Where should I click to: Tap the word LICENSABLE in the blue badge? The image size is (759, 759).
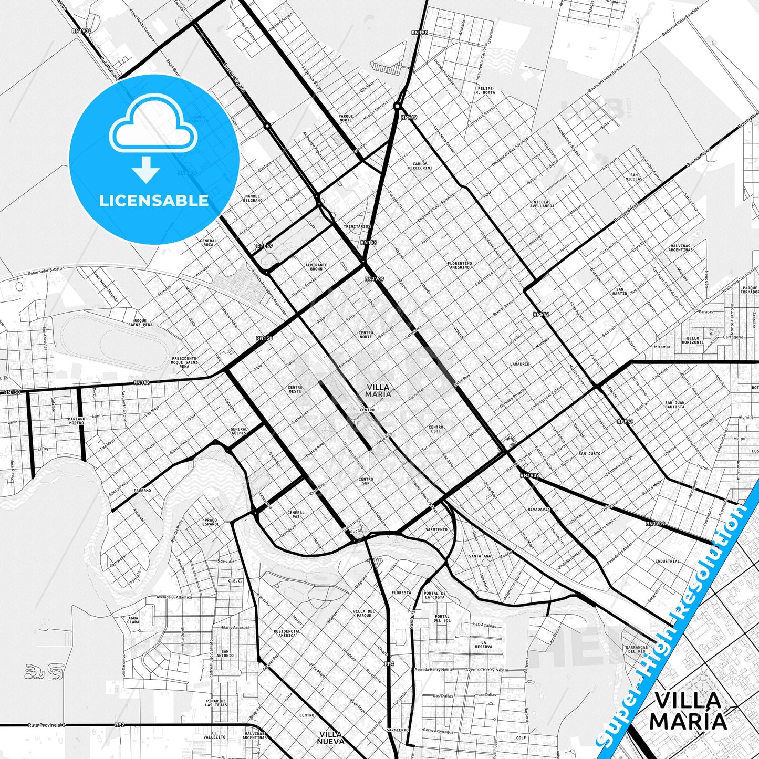(x=154, y=201)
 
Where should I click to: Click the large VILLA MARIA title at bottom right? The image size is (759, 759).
(x=688, y=710)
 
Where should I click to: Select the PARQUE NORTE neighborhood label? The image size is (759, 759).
(x=346, y=118)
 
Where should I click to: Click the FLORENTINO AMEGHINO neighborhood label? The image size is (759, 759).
(x=460, y=265)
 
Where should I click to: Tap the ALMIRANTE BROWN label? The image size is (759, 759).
(x=316, y=267)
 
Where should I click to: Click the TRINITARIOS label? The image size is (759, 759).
(x=357, y=227)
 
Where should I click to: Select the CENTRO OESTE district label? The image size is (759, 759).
(x=295, y=389)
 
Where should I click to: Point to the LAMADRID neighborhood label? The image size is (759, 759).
(x=519, y=364)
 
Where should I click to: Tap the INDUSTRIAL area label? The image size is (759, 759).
(x=667, y=561)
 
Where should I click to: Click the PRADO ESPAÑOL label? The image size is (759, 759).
(x=211, y=522)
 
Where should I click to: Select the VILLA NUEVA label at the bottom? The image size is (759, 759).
(x=331, y=737)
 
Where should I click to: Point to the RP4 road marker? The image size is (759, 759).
(x=389, y=664)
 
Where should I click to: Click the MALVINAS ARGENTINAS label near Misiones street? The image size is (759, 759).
(x=681, y=248)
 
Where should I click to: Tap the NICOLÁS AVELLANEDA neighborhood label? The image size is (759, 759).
(x=542, y=204)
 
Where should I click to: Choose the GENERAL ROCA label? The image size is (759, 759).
(x=208, y=243)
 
